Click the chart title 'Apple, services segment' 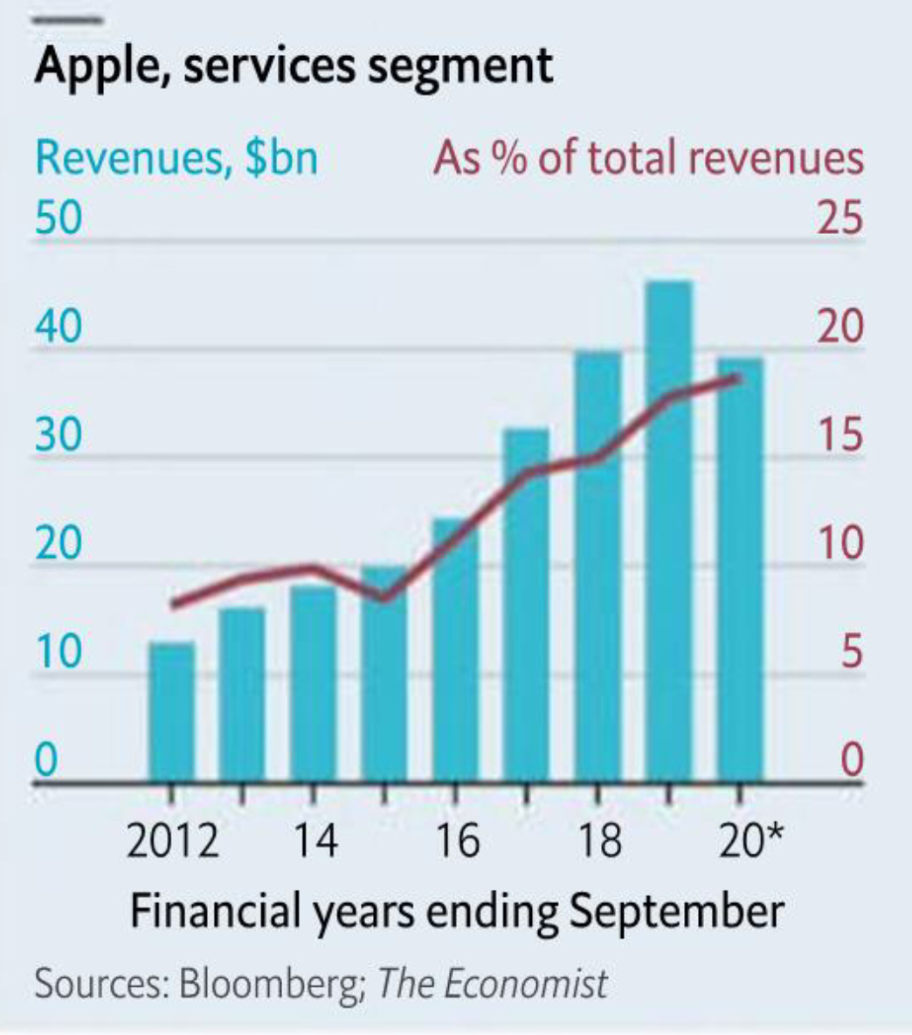coord(293,66)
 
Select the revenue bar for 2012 coord(171,712)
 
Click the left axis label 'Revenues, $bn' coord(176,159)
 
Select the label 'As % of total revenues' coord(648,159)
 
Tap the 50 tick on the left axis coord(58,217)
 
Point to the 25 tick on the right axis coord(839,217)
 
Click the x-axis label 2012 coord(172,840)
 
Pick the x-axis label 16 coord(456,840)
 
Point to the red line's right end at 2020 coord(739,377)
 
